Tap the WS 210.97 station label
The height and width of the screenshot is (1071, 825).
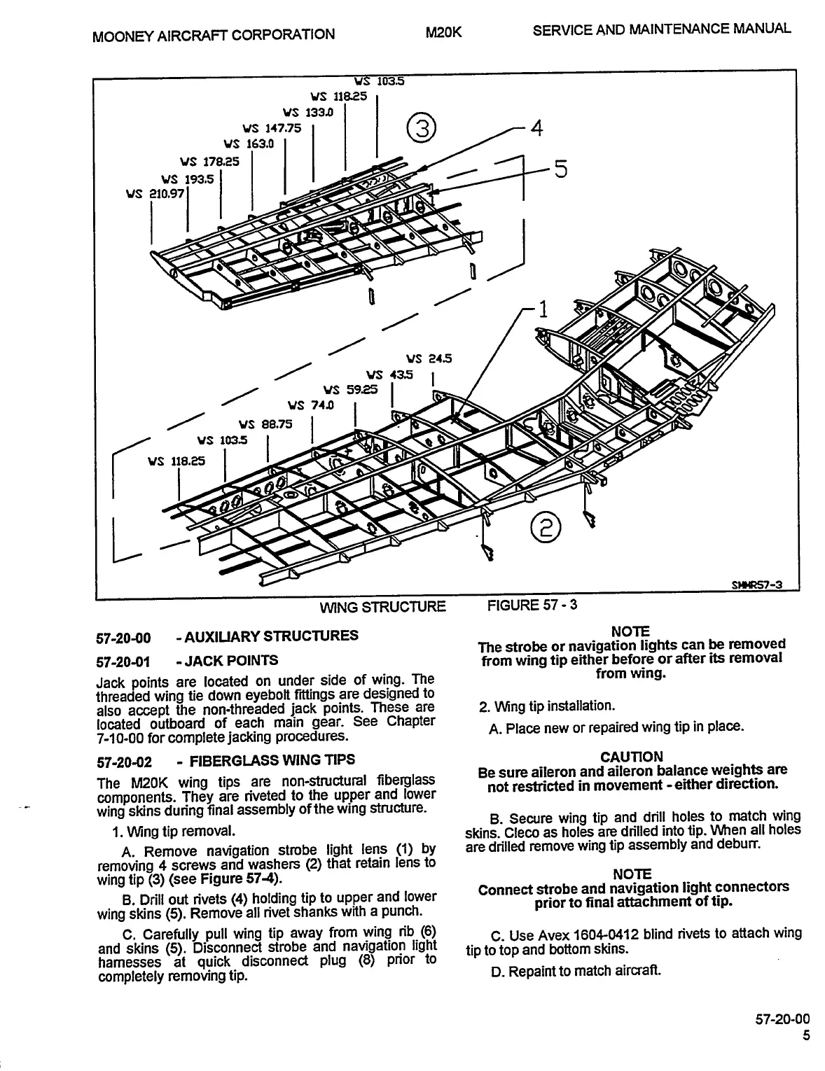click(x=155, y=193)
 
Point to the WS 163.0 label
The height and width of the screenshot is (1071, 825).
click(x=249, y=144)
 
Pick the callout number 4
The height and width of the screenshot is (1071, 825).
click(x=536, y=128)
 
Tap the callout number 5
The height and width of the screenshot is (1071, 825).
click(x=561, y=170)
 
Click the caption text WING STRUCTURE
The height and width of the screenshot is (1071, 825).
click(x=382, y=607)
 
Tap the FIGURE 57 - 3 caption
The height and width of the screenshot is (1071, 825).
click(x=532, y=605)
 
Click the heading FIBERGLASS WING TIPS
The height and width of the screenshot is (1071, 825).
click(x=272, y=760)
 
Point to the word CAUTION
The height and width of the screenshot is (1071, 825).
click(x=631, y=757)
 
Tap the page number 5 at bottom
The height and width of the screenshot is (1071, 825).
click(x=806, y=1036)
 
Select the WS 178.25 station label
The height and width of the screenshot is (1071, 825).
click(x=209, y=162)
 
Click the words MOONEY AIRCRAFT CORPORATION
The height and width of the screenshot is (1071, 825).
click(x=213, y=34)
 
